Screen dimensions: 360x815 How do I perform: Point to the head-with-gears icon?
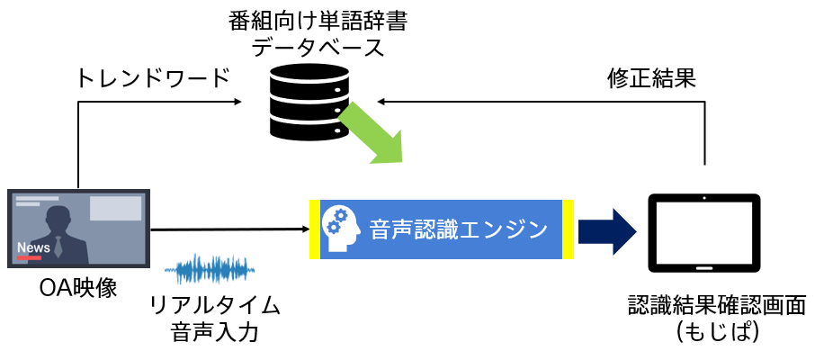click(x=341, y=229)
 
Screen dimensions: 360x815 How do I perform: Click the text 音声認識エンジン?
click(x=458, y=229)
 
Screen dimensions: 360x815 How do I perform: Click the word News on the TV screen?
click(x=33, y=247)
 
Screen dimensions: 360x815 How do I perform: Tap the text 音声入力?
click(x=215, y=333)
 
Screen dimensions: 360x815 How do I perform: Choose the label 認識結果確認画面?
click(x=716, y=303)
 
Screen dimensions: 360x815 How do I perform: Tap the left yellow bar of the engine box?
click(x=315, y=229)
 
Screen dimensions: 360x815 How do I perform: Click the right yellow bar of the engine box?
click(x=568, y=229)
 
